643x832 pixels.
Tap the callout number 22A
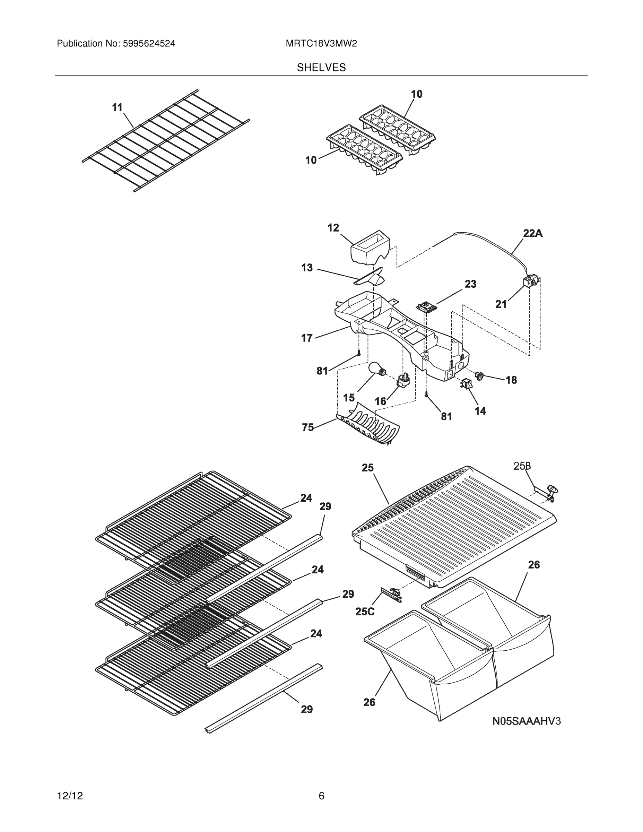coord(532,233)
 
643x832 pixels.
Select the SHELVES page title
coord(321,68)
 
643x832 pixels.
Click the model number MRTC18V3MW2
coord(321,43)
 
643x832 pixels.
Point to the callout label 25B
coord(522,466)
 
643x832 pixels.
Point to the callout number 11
coord(117,108)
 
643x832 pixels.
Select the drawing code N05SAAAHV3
coord(527,721)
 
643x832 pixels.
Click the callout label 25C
coord(365,612)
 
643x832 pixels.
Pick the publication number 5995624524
coord(149,43)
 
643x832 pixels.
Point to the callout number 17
coord(307,338)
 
